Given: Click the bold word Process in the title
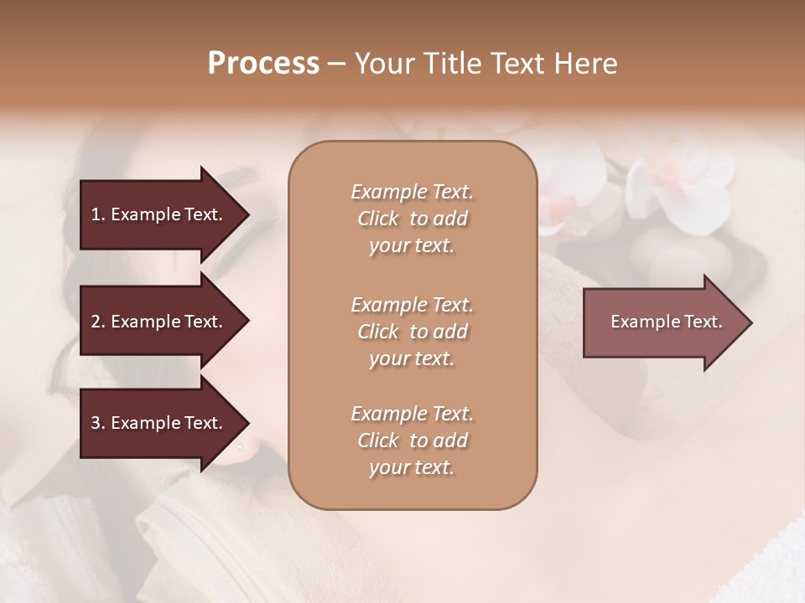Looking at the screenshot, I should pos(263,64).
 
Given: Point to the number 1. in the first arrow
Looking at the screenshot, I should pos(98,214).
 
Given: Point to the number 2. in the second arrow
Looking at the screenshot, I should pos(98,322).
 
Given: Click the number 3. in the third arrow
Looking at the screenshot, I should pos(98,423).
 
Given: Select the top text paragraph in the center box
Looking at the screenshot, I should pos(412,219).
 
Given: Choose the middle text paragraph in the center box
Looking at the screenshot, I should pos(412,331).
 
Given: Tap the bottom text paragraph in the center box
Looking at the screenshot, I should pos(412,441).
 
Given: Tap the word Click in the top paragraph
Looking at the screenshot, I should pos(378,219).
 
